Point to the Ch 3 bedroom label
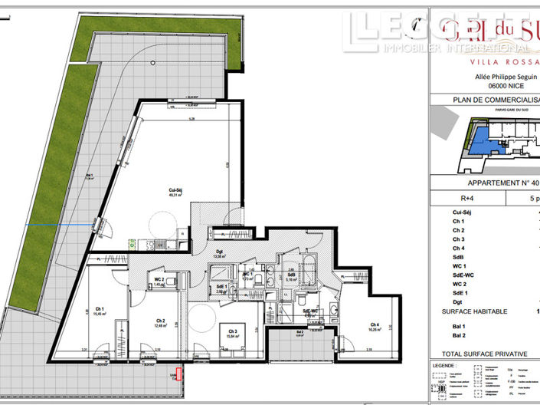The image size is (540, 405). [230, 330]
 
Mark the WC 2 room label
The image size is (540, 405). [159, 278]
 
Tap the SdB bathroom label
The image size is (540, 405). [292, 275]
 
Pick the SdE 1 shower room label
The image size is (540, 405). [220, 287]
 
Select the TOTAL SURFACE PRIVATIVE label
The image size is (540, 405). [479, 354]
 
